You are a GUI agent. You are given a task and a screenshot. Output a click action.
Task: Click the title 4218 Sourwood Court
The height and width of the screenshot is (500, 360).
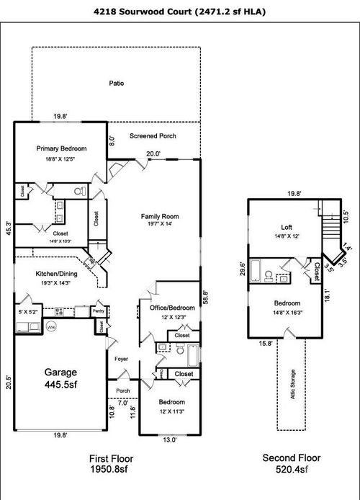point(180,12)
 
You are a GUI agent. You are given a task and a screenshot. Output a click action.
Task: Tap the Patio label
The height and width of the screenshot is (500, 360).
point(117,83)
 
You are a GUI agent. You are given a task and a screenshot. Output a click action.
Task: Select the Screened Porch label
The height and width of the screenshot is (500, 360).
point(153,136)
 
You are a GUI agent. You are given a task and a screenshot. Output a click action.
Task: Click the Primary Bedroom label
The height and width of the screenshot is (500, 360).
point(62,149)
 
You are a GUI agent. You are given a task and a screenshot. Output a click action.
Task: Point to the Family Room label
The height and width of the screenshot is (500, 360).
point(160,216)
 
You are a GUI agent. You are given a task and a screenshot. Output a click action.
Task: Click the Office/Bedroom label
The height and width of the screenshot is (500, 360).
point(168,308)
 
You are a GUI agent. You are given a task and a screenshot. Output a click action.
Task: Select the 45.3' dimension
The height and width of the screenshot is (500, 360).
point(9,228)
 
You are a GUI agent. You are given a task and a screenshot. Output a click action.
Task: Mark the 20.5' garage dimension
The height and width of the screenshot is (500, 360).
point(9,381)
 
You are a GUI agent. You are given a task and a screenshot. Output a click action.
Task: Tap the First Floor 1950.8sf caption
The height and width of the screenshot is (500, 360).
point(111,463)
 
